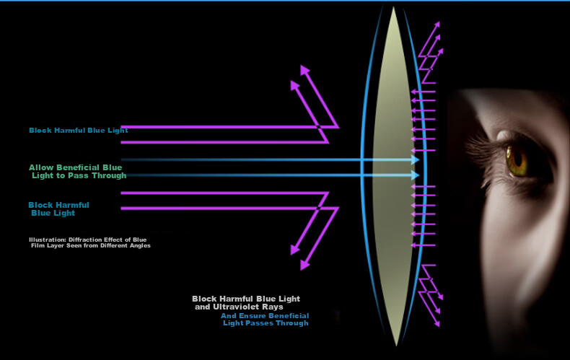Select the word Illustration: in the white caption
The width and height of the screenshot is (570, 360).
[48, 240]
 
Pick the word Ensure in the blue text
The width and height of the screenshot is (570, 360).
[251, 316]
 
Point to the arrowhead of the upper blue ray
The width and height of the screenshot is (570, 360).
[415, 159]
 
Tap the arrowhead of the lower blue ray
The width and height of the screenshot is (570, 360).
[415, 175]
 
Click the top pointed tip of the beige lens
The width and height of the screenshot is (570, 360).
[393, 7]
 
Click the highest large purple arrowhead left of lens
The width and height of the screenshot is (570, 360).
[304, 70]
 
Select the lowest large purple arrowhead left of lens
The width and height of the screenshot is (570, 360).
[304, 265]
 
